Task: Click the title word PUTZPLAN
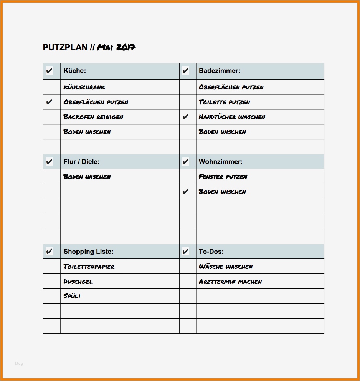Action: pos(65,48)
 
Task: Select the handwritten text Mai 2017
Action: pos(116,47)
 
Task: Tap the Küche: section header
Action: pos(75,71)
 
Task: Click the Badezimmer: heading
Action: pos(220,71)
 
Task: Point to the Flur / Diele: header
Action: pos(81,162)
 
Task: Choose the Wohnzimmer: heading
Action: pos(221,162)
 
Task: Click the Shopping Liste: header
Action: pos(89,252)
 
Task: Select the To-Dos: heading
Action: pos(211,252)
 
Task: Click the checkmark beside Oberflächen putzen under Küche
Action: pos(49,102)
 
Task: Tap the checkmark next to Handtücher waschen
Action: pos(186,117)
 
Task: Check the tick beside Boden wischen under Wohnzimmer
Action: pos(186,192)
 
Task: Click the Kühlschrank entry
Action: pos(84,87)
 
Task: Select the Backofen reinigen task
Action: pos(93,117)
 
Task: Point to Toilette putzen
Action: pos(225,102)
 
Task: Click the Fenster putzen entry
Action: pos(223,177)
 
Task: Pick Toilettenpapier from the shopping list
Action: pos(89,267)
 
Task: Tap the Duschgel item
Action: pos(78,282)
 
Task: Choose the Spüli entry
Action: pos(72,296)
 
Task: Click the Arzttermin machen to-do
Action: pos(230,282)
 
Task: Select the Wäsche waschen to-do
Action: pos(226,267)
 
